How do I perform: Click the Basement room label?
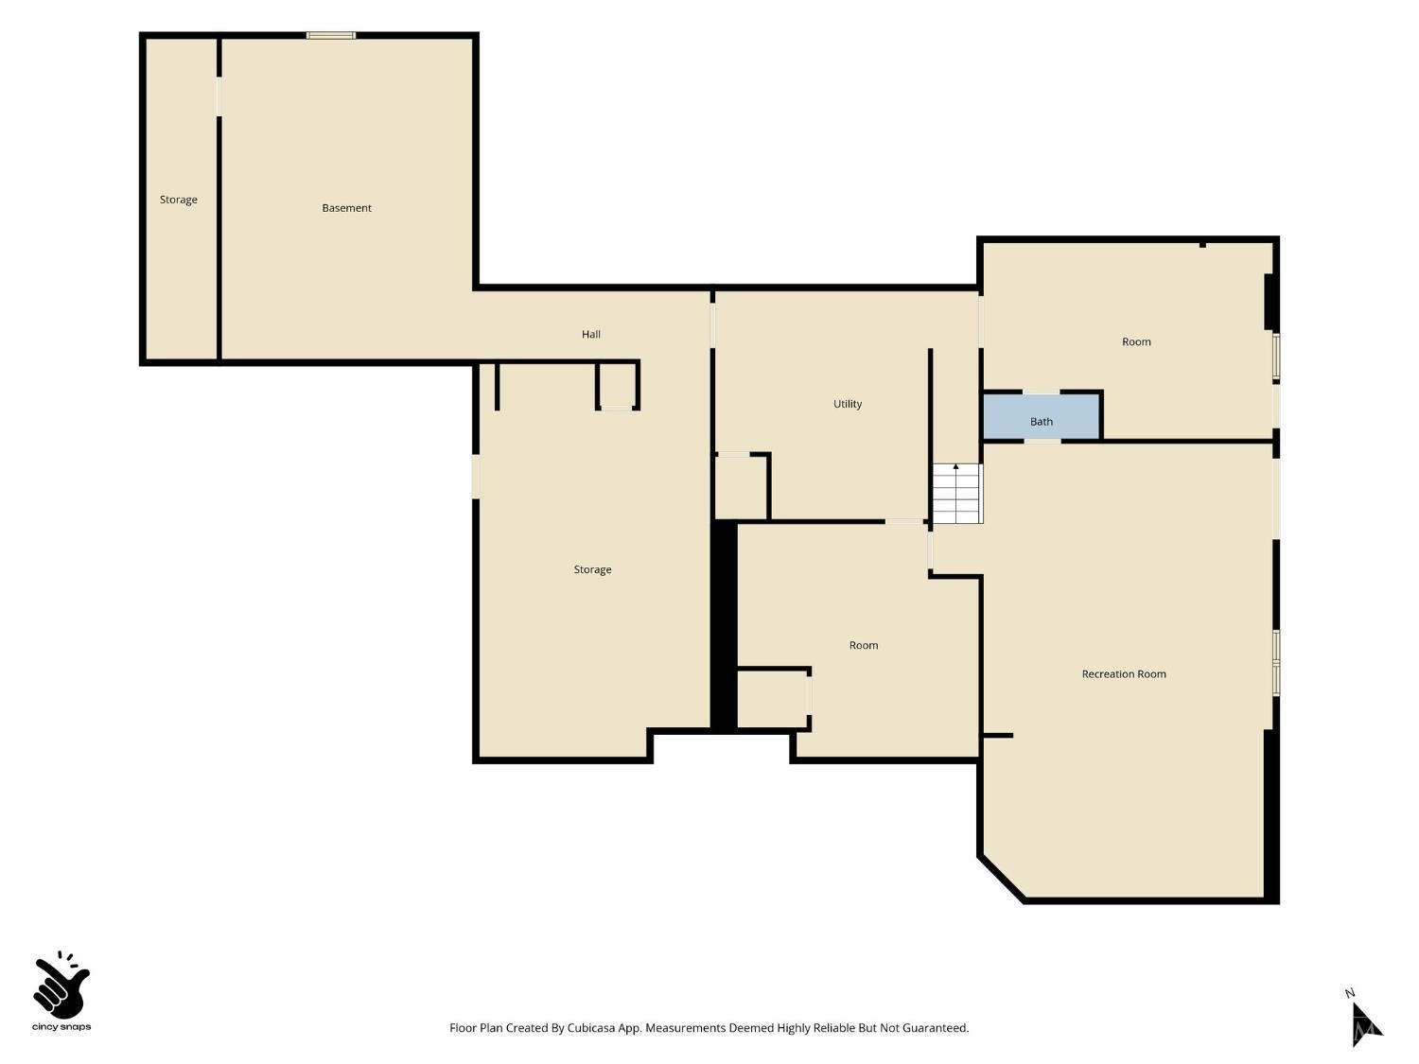[346, 208]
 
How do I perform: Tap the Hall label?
[591, 334]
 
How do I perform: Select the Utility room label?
[848, 404]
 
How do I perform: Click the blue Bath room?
[1041, 417]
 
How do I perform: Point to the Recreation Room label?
[1124, 673]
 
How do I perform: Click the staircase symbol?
[956, 493]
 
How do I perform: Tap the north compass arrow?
[1366, 1024]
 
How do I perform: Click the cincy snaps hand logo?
[61, 985]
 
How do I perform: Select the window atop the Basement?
[330, 36]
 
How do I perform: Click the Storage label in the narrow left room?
[179, 200]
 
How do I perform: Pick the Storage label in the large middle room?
[592, 569]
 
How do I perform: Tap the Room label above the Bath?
[1136, 341]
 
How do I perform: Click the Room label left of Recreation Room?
[863, 645]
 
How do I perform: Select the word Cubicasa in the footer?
[591, 1028]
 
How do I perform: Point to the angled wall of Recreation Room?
[1001, 879]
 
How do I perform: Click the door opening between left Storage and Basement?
[219, 96]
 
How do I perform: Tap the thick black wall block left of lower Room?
[724, 626]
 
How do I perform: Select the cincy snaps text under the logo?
[61, 1027]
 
